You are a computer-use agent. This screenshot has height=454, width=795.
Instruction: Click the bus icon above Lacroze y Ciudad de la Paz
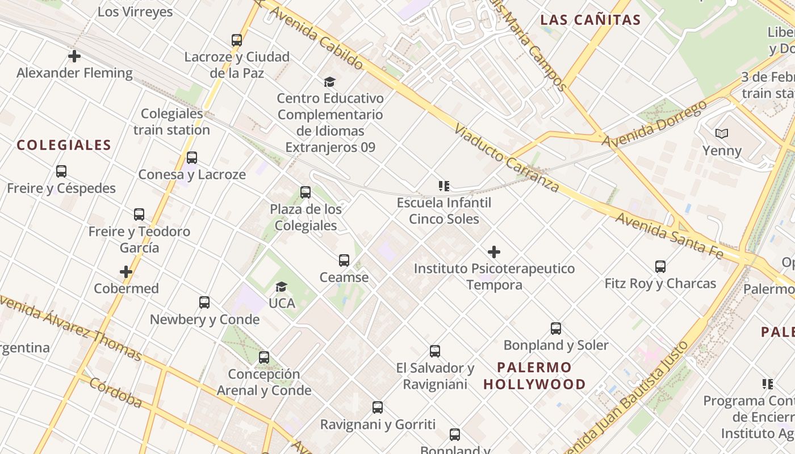pyautogui.click(x=237, y=40)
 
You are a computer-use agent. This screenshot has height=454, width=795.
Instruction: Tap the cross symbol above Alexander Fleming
pyautogui.click(x=74, y=56)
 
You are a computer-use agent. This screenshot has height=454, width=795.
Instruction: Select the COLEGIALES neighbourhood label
pyautogui.click(x=64, y=145)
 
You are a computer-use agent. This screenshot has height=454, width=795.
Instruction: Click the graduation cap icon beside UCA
pyautogui.click(x=281, y=287)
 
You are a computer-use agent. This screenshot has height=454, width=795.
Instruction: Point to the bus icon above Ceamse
pyautogui.click(x=344, y=260)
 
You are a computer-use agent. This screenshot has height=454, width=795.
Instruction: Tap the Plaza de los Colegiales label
pyautogui.click(x=306, y=217)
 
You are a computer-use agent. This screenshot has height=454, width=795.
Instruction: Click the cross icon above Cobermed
pyautogui.click(x=126, y=272)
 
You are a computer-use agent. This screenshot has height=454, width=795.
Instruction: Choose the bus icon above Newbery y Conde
pyautogui.click(x=204, y=302)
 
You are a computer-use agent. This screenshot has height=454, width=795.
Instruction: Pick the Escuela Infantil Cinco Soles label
pyautogui.click(x=444, y=211)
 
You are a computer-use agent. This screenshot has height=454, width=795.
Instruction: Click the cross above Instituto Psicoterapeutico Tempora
pyautogui.click(x=494, y=252)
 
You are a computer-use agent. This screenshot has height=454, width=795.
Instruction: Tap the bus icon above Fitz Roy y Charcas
pyautogui.click(x=660, y=267)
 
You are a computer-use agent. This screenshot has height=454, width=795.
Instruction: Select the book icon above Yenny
pyautogui.click(x=722, y=134)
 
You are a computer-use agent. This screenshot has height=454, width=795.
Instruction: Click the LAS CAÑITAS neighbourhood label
pyautogui.click(x=591, y=20)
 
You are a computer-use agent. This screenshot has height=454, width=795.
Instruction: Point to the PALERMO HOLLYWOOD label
pyautogui.click(x=534, y=376)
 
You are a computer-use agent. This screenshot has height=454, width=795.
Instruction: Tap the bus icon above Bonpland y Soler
pyautogui.click(x=556, y=329)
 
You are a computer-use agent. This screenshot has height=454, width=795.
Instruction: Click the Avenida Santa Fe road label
pyautogui.click(x=670, y=236)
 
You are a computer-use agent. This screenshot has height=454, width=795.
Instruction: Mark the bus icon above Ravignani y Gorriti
pyautogui.click(x=378, y=407)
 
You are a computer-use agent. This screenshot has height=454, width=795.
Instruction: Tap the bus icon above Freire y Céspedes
pyautogui.click(x=61, y=171)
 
